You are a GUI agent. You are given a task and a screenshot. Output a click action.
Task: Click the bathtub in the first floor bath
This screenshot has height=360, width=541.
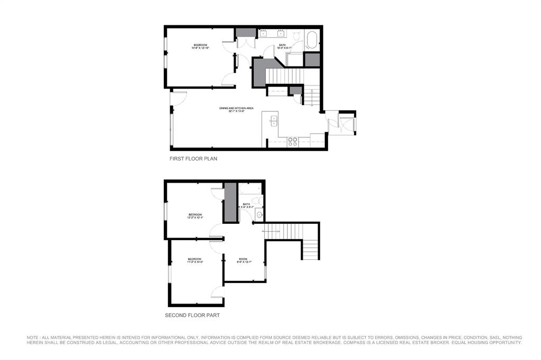click(x=312, y=40)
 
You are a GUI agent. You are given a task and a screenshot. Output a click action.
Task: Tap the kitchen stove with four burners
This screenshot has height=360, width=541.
click(x=292, y=141)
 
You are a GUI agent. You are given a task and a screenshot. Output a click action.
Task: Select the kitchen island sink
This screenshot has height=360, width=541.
click(x=273, y=121)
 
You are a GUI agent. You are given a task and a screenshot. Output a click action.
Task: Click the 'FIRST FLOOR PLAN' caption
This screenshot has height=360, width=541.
click(x=193, y=158)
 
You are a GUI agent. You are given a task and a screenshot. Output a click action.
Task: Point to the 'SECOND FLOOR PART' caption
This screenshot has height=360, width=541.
click(x=192, y=315)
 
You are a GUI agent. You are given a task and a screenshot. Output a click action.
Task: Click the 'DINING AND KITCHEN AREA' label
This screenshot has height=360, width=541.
click(x=237, y=108)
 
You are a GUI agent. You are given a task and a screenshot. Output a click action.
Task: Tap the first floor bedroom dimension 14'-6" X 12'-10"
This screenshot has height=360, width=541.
click(x=200, y=48)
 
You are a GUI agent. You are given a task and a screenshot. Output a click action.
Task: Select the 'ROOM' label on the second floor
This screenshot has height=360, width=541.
click(x=243, y=259)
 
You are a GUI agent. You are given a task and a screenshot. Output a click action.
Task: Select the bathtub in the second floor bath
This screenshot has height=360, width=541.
click(x=250, y=190)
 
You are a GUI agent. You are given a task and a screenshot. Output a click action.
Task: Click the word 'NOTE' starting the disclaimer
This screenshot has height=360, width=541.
click(x=33, y=337)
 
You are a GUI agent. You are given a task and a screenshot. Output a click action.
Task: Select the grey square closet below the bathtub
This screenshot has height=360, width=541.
click(x=312, y=59)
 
